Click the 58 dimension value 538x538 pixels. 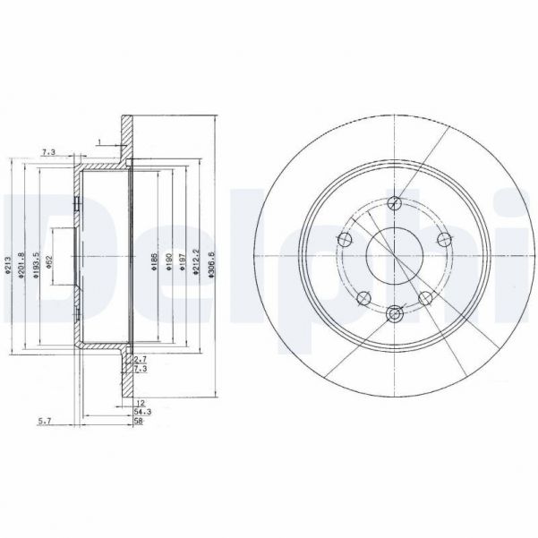point(139,421)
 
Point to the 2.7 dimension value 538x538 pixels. point(140,358)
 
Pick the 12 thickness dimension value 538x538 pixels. point(140,403)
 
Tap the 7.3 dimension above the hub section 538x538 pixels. point(49,153)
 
